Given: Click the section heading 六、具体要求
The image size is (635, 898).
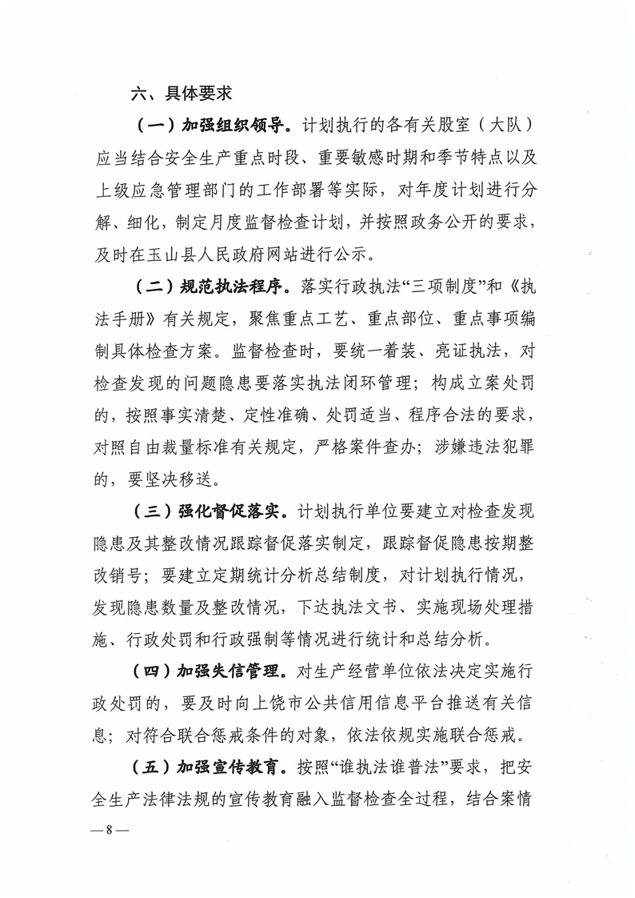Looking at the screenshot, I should tap(182, 94).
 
